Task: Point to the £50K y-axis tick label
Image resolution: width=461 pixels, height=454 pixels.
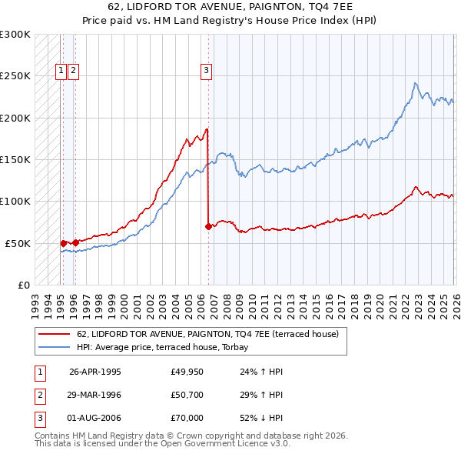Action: [x=17, y=243]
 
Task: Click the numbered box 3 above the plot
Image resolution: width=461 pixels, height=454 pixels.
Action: [x=207, y=72]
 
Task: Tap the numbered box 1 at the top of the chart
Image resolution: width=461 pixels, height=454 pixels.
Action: [x=60, y=72]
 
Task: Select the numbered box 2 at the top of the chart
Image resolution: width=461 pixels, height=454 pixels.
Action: [x=73, y=72]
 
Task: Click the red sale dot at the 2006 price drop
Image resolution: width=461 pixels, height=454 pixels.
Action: [x=208, y=226]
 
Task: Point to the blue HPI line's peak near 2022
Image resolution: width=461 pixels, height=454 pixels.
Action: [x=415, y=83]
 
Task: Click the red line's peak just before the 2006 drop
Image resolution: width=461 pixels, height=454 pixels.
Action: [x=207, y=129]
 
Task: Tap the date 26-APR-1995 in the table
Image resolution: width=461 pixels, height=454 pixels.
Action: [x=95, y=371]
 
